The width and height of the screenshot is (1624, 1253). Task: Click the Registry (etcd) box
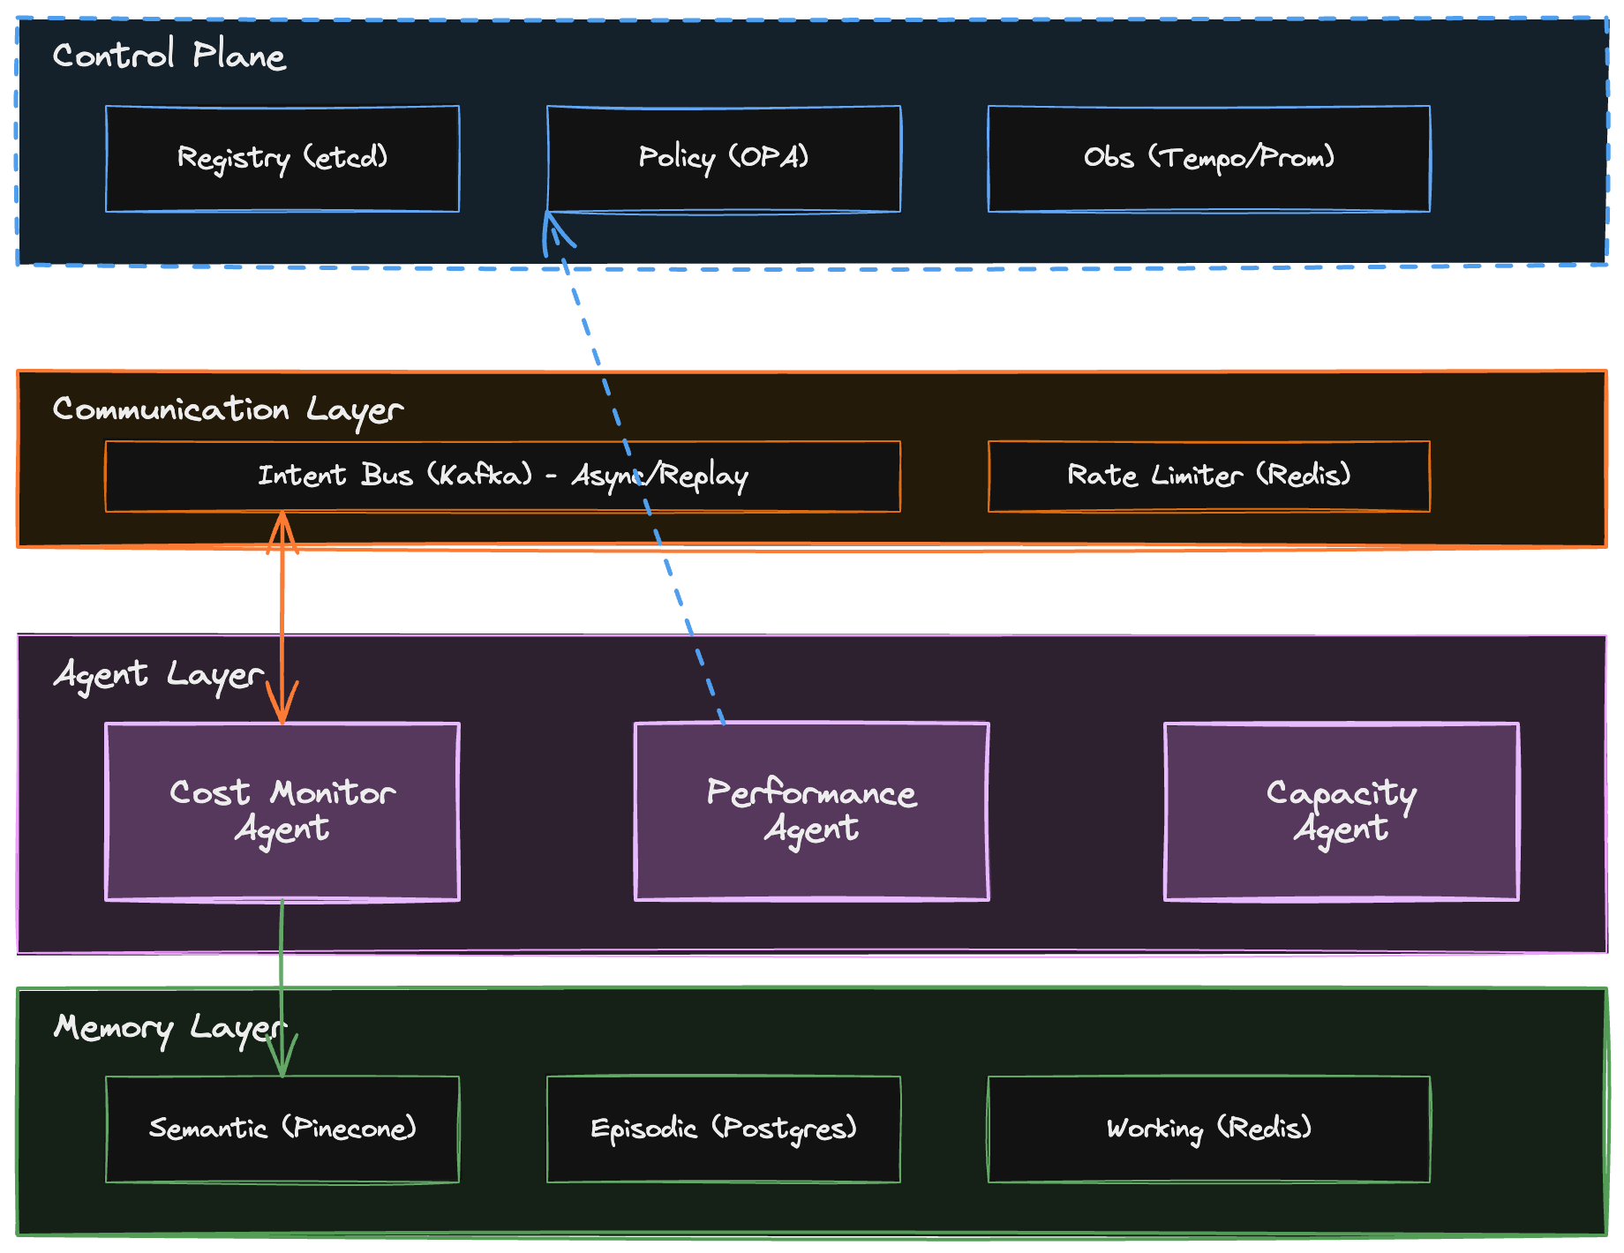tap(282, 159)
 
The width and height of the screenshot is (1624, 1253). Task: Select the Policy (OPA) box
tap(724, 159)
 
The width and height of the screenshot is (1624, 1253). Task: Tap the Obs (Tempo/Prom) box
tap(1209, 159)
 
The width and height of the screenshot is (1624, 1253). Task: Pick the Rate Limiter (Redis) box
tap(1209, 476)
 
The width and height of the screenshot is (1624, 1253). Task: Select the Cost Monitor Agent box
tap(282, 812)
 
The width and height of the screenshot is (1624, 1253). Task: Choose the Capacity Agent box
tap(1342, 812)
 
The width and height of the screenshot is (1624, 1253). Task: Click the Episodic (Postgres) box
tap(724, 1129)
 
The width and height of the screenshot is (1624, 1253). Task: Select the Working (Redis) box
tap(1209, 1129)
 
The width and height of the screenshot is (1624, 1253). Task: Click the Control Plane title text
tap(169, 56)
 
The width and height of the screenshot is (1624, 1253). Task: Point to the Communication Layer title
tap(228, 409)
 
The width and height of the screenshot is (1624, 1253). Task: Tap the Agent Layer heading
tap(159, 675)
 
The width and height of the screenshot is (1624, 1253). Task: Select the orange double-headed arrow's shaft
tap(282, 618)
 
